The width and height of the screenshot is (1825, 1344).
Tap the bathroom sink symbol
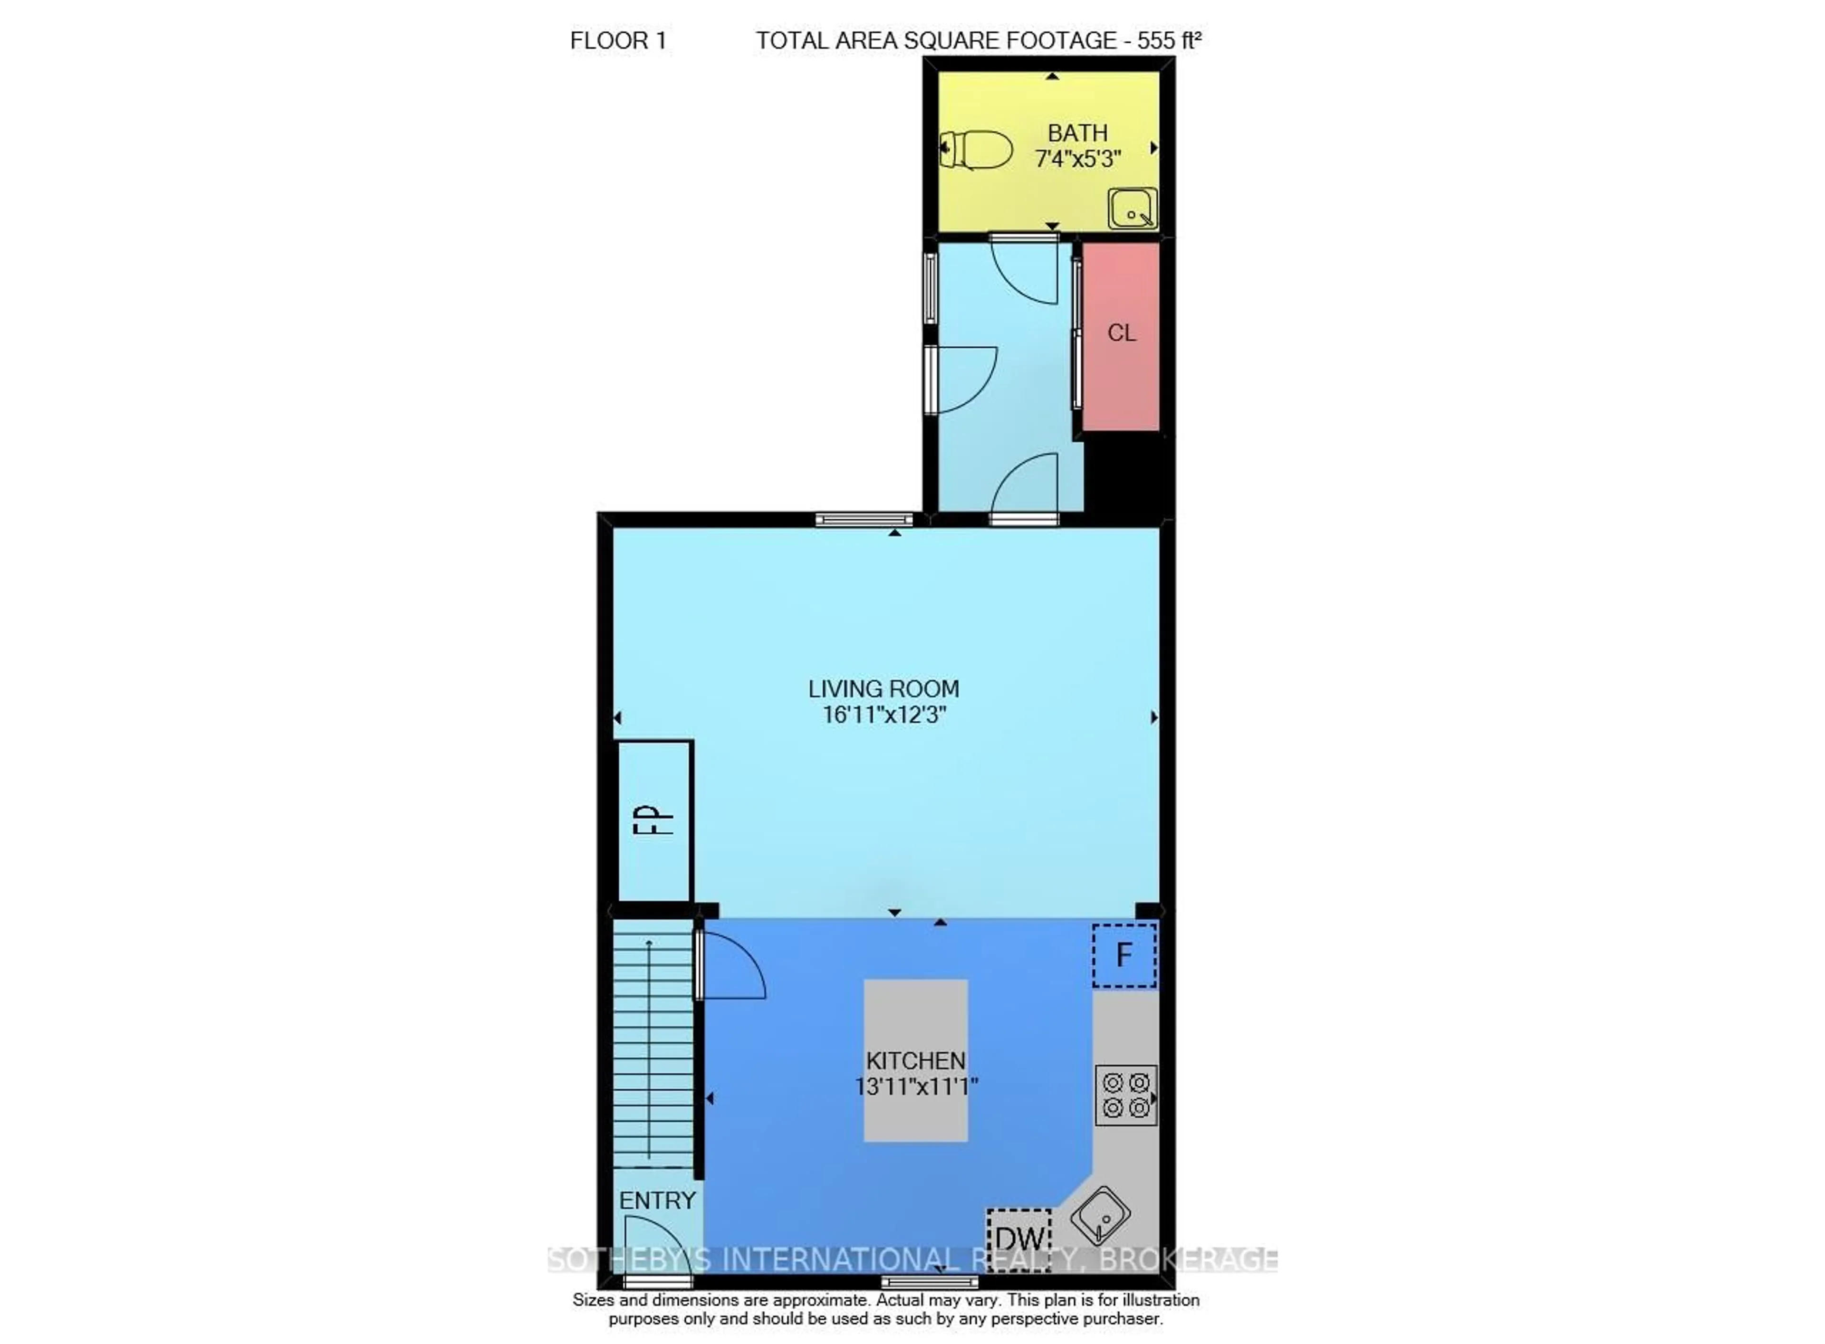click(1131, 208)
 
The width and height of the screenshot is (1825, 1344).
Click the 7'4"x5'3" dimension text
click(1077, 159)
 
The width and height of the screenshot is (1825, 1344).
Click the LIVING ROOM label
click(883, 688)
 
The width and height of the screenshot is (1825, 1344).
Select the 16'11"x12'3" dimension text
click(883, 715)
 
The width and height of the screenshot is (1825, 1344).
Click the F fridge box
click(1123, 954)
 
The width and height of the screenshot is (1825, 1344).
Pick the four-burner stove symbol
click(1125, 1095)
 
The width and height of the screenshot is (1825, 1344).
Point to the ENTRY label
click(657, 1200)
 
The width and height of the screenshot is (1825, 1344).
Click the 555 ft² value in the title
click(1168, 41)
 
